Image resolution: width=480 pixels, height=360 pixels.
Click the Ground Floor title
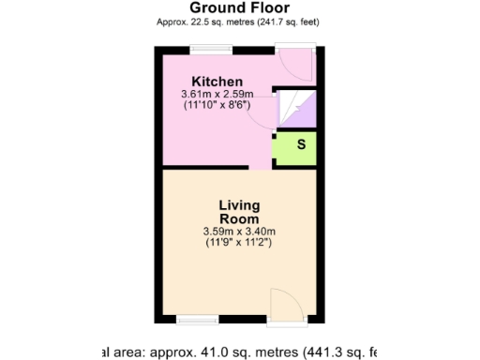pos(239,8)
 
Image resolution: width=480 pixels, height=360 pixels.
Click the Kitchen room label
pos(217,82)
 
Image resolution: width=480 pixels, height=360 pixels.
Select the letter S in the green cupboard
pos(301,144)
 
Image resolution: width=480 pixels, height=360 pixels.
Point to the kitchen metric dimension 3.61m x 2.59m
pos(217,95)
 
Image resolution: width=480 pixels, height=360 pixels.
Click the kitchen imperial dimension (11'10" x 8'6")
pos(217,106)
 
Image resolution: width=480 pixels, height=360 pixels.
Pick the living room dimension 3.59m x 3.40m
pos(239,232)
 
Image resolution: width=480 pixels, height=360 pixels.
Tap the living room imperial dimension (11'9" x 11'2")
pos(239,243)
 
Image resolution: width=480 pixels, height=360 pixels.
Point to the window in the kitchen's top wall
pos(212,48)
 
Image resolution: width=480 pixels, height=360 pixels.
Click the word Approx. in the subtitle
pos(172,22)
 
